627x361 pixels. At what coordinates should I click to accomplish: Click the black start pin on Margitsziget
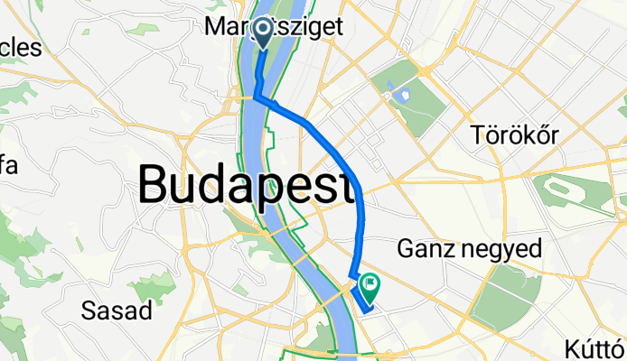click(x=264, y=32)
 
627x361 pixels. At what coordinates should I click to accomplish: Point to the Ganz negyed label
click(x=470, y=248)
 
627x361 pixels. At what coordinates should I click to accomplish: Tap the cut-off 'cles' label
click(x=22, y=47)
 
